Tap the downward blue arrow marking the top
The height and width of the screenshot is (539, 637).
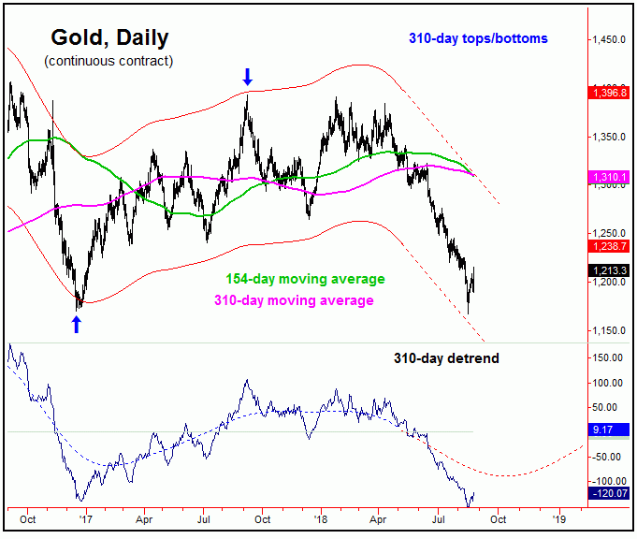click(x=247, y=77)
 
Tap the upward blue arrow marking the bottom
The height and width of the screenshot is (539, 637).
click(x=77, y=325)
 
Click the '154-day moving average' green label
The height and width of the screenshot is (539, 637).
click(x=305, y=279)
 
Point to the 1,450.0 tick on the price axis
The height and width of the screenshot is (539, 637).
click(x=609, y=40)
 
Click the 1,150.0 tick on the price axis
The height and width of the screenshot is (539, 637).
click(x=609, y=330)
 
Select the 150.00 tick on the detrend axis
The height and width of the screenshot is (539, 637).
click(x=609, y=357)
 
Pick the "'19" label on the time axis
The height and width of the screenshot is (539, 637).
click(x=558, y=517)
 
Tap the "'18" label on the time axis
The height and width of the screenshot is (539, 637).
click(x=321, y=517)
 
